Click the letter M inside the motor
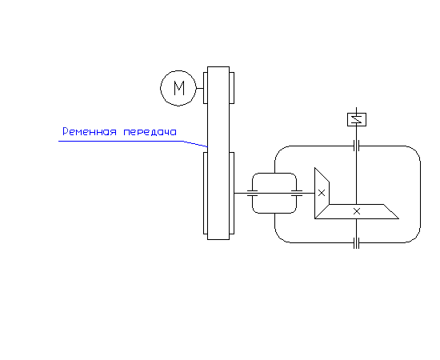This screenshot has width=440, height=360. tap(179, 88)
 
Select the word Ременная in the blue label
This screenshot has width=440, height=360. tap(90, 131)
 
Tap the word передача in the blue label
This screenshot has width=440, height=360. tap(150, 132)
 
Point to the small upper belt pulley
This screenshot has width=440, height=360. tap(205, 88)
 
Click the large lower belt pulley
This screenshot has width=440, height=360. tap(205, 193)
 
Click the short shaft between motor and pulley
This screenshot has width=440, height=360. tap(200, 88)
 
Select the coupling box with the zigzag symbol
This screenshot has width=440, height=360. tap(357, 119)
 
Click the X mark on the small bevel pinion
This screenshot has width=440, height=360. tap(322, 193)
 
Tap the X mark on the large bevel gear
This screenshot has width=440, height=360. tap(357, 211)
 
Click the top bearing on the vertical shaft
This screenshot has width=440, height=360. tap(356, 146)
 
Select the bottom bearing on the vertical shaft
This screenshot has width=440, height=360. tap(356, 243)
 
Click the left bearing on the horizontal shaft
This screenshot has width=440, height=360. tap(252, 193)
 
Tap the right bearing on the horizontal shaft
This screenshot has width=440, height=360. tap(297, 193)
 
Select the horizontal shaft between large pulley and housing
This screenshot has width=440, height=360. tap(274, 193)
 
